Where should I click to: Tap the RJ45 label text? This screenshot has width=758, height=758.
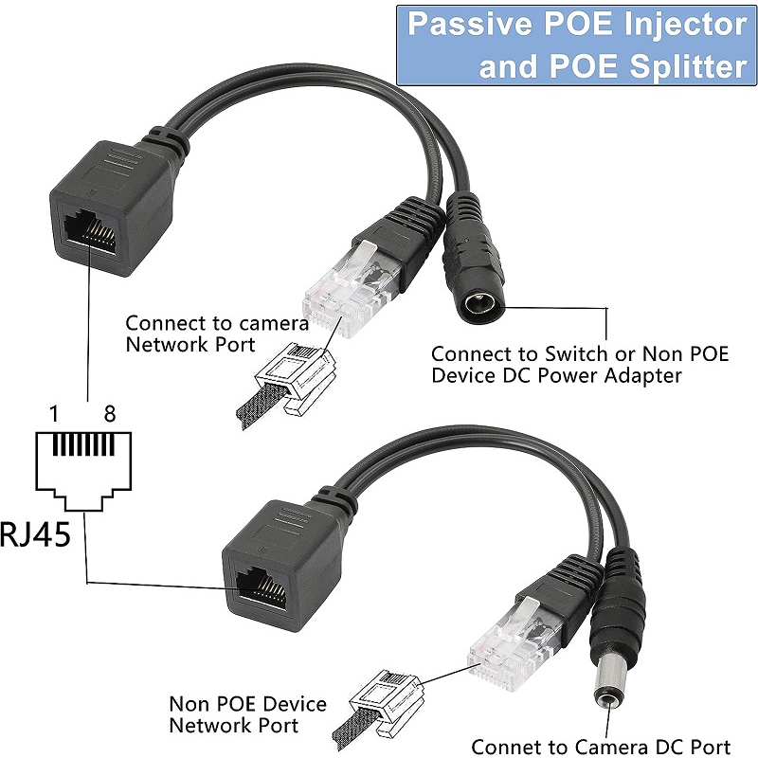pyautogui.click(x=35, y=533)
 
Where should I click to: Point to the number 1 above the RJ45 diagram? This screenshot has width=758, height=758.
pyautogui.click(x=54, y=414)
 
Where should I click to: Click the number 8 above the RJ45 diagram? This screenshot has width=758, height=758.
pyautogui.click(x=110, y=414)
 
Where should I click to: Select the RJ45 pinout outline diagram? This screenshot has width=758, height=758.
pyautogui.click(x=83, y=471)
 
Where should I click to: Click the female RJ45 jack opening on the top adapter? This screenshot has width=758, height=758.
pyautogui.click(x=90, y=229)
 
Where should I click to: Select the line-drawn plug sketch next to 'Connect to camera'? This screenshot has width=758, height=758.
pyautogui.click(x=286, y=386)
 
